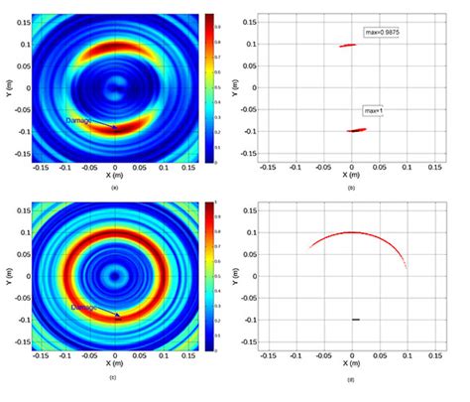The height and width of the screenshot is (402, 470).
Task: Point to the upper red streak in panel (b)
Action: click(347, 45)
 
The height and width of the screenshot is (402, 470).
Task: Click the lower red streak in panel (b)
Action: click(356, 130)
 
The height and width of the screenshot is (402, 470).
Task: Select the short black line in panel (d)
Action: click(354, 319)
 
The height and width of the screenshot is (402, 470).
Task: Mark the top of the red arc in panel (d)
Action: click(352, 232)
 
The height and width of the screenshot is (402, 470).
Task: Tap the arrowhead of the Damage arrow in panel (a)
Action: click(117, 129)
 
